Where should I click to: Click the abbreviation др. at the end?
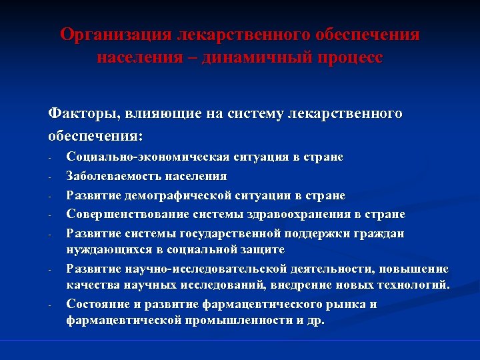tap(316, 320)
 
